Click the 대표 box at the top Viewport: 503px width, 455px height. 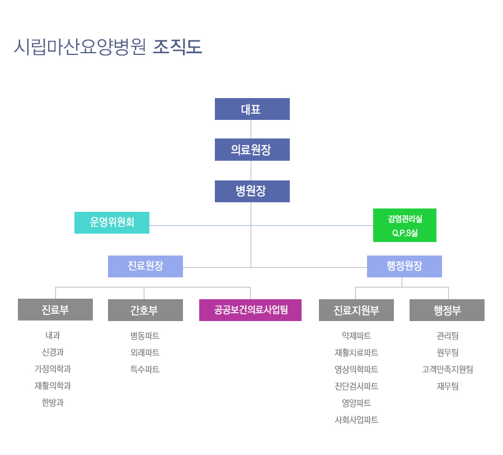252,109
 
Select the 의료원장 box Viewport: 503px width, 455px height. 252,150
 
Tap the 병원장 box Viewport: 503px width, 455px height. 252,191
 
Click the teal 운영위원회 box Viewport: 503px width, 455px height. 112,222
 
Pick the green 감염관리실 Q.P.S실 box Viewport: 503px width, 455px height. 405,225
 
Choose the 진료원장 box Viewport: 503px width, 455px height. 145,266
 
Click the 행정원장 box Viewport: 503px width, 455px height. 404,266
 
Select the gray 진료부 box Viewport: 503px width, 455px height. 55,309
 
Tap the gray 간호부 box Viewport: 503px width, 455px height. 145,310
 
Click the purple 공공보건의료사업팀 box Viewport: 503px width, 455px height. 250,310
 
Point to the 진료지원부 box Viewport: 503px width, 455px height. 356,310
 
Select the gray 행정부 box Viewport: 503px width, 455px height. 447,310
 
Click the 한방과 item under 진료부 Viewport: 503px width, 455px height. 53,402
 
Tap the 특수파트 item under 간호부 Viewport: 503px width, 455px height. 145,369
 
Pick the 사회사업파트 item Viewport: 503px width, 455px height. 356,420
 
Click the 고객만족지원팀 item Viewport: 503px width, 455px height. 447,369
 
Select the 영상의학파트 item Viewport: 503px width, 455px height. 356,369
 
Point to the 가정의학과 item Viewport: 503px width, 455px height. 53,369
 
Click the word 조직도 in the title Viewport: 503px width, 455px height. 177,47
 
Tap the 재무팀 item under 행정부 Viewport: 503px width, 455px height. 447,386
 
